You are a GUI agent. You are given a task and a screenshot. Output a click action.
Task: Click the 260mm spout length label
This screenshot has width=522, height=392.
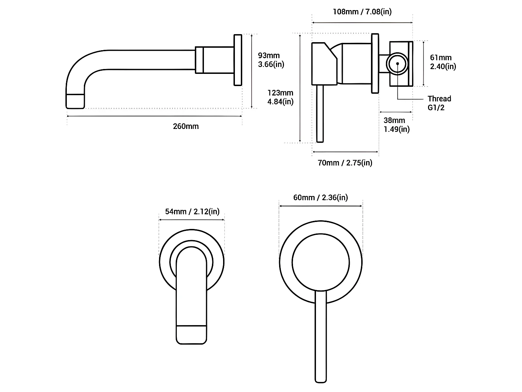pyautogui.click(x=186, y=126)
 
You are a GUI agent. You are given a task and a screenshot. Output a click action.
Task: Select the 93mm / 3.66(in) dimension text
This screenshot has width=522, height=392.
pyautogui.click(x=271, y=60)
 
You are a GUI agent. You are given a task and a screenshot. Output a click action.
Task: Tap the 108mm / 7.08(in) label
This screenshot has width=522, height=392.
pyautogui.click(x=362, y=11)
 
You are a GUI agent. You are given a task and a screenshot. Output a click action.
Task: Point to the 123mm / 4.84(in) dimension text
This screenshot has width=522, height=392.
pyautogui.click(x=280, y=97)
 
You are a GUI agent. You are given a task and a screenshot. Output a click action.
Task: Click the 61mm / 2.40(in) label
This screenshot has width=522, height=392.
pyautogui.click(x=443, y=62)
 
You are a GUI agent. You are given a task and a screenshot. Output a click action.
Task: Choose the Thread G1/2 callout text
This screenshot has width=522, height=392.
pyautogui.click(x=439, y=103)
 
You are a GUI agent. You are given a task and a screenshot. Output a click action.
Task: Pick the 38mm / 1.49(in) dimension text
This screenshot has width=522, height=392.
pyautogui.click(x=396, y=125)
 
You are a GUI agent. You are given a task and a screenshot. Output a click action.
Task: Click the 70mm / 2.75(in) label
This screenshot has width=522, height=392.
pyautogui.click(x=345, y=163)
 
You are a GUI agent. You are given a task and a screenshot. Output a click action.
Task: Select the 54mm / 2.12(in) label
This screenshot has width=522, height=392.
pyautogui.click(x=192, y=212)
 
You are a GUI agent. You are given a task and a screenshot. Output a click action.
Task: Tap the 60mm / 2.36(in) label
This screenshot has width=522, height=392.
pyautogui.click(x=321, y=198)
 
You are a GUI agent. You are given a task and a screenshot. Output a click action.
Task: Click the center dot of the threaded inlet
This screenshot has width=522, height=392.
pyautogui.click(x=397, y=64)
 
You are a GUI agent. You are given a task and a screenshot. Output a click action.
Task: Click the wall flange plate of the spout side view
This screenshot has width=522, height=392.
pyautogui.click(x=238, y=60)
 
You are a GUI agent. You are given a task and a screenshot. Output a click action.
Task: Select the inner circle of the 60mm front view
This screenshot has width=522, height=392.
pyautogui.click(x=321, y=262)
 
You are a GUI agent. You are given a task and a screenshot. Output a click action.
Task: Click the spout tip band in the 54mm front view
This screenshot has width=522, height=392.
pyautogui.click(x=191, y=335)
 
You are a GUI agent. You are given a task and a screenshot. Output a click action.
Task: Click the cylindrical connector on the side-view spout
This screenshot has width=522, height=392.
pyautogui.click(x=214, y=60)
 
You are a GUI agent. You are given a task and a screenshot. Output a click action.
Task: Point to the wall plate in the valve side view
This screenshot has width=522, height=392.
pyautogui.click(x=375, y=63)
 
